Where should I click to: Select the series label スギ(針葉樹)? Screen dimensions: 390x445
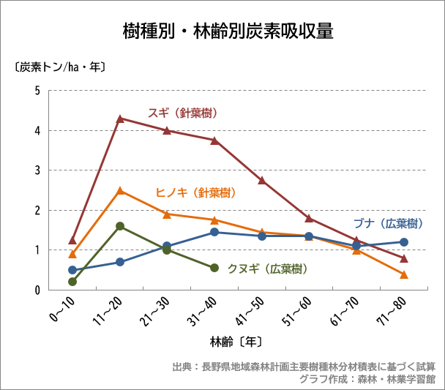coord(183,113)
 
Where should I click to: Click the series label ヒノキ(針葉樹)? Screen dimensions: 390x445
coord(195,193)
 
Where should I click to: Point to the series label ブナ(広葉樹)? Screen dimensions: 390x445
coord(388,223)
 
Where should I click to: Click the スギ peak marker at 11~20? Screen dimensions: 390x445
coord(120,118)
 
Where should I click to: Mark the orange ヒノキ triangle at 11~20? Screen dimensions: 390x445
coord(120,191)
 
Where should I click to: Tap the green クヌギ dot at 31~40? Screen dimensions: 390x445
coord(214,268)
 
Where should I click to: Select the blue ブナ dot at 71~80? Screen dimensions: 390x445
coord(404,242)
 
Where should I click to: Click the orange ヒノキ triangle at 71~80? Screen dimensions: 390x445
coord(404,274)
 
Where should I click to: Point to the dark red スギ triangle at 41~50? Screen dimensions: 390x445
coord(262,180)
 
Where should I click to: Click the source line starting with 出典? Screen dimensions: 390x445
coord(304,367)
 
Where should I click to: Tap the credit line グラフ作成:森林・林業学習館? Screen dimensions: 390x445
coord(368,380)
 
